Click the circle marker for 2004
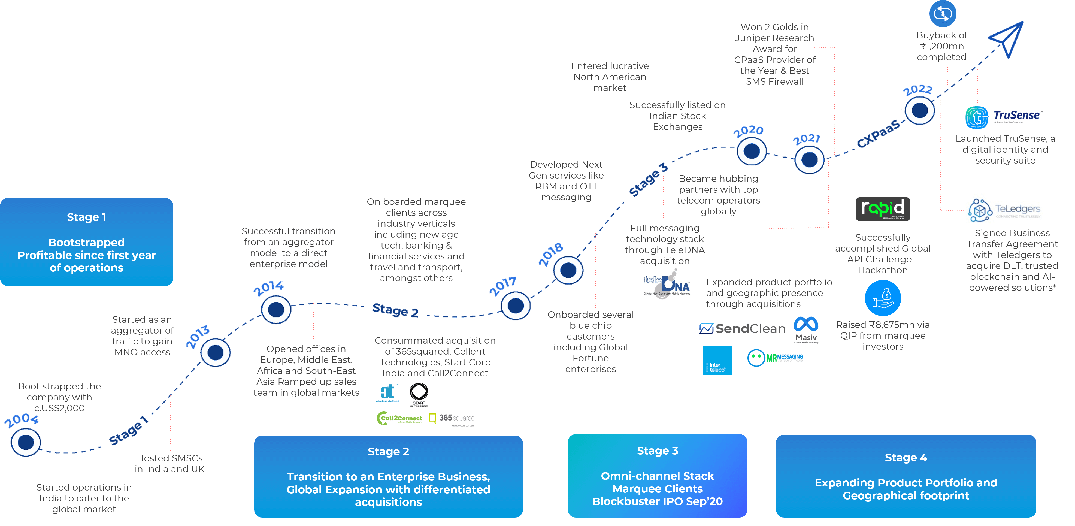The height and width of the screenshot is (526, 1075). [x=26, y=442]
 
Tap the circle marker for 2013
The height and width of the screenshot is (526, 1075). [x=215, y=352]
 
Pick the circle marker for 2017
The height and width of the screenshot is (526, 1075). [x=516, y=306]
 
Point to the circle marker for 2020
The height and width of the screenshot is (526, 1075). [x=752, y=151]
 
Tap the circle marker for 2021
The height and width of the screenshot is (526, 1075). [x=810, y=159]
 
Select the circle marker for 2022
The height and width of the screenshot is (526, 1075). [x=920, y=111]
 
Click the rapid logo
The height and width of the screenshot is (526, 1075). [x=883, y=209]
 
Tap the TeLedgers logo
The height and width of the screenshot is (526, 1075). [x=1004, y=210]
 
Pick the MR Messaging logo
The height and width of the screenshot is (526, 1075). [x=776, y=358]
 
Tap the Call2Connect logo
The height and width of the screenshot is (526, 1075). [x=399, y=418]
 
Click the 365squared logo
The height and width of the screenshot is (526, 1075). [x=452, y=419]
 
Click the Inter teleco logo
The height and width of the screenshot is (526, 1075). [x=717, y=360]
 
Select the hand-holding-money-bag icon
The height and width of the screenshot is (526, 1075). [x=883, y=298]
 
